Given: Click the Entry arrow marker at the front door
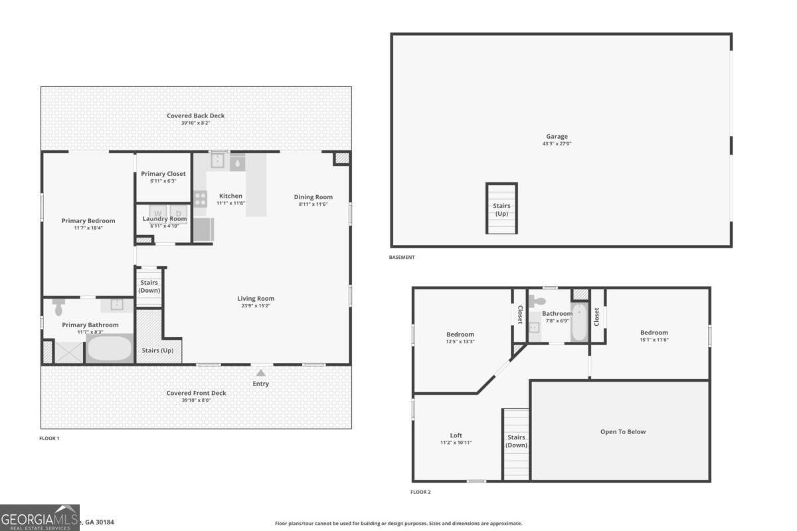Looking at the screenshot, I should click(261, 373).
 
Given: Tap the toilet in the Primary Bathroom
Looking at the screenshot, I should click(58, 307).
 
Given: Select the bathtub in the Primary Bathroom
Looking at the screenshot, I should click(110, 348).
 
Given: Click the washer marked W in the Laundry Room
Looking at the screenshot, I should click(158, 213).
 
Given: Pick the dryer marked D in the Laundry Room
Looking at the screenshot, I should click(179, 213).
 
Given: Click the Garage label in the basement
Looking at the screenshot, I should click(557, 137).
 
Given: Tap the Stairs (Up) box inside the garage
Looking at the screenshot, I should click(501, 208).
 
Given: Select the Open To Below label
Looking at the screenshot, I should click(622, 431).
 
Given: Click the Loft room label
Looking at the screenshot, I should click(456, 435).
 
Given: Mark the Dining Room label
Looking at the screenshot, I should click(313, 197).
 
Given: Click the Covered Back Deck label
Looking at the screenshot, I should click(195, 115).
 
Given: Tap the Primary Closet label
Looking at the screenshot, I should click(163, 174).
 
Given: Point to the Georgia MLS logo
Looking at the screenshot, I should click(40, 518).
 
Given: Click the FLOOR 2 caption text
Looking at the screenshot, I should click(420, 492).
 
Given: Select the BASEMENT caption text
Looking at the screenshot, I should click(402, 258).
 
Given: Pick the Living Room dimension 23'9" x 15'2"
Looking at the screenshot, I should click(256, 306).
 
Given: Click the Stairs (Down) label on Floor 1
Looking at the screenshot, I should click(149, 287).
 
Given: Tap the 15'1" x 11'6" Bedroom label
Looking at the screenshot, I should click(654, 340).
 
